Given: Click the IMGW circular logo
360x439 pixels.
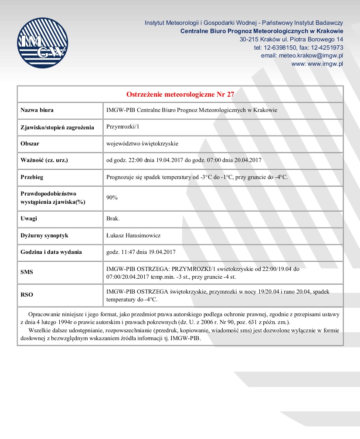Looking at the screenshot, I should (x=42, y=43).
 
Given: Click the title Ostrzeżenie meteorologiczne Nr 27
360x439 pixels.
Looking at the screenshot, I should (x=180, y=94).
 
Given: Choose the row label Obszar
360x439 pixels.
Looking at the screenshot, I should (x=30, y=143).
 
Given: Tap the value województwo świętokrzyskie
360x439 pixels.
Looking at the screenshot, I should (x=143, y=143).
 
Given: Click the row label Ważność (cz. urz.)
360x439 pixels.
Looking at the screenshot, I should (x=44, y=160).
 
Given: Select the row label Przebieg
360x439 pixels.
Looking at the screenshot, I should (x=32, y=177).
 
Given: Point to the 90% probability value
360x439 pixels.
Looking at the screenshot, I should (x=112, y=197).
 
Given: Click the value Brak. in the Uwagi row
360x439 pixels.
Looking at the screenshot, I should (x=113, y=218).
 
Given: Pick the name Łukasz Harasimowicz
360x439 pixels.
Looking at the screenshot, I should (x=133, y=235).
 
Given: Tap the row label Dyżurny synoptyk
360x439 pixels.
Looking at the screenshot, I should (x=44, y=235).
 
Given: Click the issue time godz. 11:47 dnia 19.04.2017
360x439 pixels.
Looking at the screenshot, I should (x=141, y=252).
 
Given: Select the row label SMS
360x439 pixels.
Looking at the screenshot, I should (x=27, y=272).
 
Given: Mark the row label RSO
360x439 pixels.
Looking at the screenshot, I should (x=27, y=295).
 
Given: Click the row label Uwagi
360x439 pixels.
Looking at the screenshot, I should (x=29, y=218).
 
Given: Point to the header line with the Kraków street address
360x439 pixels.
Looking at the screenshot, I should (x=292, y=39).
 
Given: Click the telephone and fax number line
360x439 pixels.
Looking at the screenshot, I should (x=299, y=47).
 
